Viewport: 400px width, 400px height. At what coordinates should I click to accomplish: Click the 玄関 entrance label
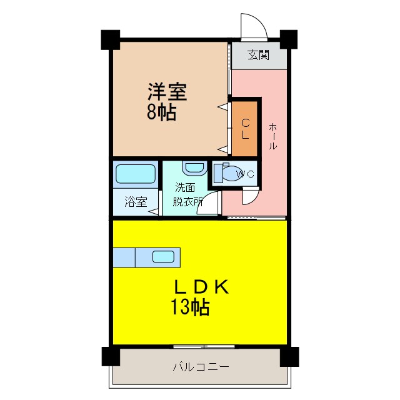(258, 55)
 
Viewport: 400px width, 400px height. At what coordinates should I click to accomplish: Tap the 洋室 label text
(167, 93)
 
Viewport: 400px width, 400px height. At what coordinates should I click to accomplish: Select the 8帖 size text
(161, 113)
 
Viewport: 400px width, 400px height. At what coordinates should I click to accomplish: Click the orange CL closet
(246, 128)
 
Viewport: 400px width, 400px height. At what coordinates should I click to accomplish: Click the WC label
(246, 174)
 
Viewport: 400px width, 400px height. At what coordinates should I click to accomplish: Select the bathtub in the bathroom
(135, 174)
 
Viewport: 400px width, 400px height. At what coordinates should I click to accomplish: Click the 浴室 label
(135, 202)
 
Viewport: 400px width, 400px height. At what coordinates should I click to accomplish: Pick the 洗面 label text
(184, 187)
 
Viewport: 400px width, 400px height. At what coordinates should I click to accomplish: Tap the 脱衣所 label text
(189, 202)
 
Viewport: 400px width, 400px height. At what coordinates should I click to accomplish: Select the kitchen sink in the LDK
(164, 256)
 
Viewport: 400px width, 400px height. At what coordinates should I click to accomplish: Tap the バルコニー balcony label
(201, 367)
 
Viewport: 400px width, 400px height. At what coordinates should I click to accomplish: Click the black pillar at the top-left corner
(111, 39)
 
